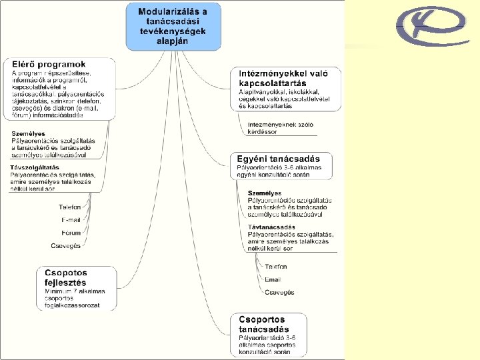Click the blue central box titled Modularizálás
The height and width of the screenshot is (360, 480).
coord(172,26)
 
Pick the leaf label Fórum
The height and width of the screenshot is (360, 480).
coord(71,233)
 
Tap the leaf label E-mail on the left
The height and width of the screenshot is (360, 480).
coord(71,220)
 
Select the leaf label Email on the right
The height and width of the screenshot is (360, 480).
coord(273,279)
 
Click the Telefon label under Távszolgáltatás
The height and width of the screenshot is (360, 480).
coord(69,207)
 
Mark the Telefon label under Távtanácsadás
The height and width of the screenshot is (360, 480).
coord(276,267)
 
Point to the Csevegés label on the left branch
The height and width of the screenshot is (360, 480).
coord(66,246)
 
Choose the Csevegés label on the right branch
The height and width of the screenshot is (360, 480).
coord(279,292)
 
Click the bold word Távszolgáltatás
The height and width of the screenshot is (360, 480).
coord(35,167)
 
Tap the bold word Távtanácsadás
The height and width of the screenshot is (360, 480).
coord(271,227)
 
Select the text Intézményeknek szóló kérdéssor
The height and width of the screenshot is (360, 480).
coord(280,127)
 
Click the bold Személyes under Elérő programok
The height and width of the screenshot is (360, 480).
coord(28,134)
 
